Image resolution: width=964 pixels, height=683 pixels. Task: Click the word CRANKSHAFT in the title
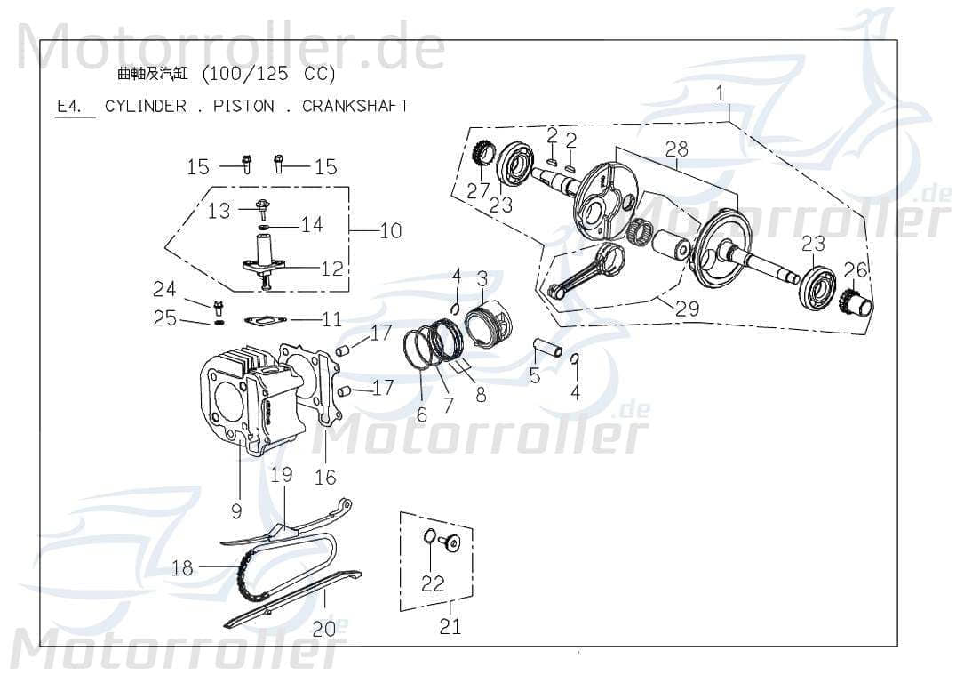coord(355,106)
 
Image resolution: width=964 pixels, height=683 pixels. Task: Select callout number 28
coord(676,149)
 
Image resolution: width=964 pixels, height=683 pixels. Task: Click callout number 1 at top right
coord(720,93)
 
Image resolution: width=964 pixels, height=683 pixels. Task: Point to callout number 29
coord(687,309)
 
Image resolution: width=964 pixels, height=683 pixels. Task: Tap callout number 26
coord(855,269)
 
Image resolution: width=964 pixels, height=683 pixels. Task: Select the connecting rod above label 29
coord(589,268)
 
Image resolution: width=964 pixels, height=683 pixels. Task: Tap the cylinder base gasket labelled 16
coord(325,400)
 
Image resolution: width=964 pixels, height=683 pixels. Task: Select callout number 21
coord(450,627)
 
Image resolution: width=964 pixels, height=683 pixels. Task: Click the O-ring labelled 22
coord(429,536)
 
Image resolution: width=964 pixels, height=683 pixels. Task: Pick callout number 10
coord(390,231)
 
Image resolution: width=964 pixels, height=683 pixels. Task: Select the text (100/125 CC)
coord(269,74)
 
